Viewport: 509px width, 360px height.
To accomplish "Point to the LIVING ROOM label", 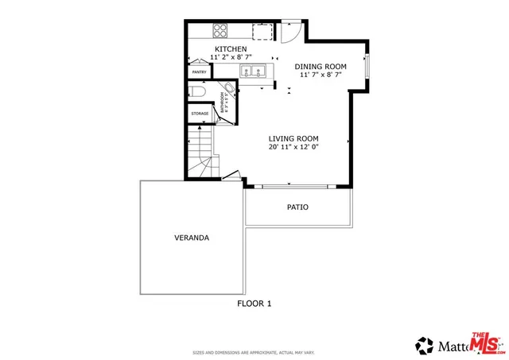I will [293, 137].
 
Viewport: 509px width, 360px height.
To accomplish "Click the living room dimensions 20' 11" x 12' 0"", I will [293, 146].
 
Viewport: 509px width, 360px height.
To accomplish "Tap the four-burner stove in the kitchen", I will [221, 33].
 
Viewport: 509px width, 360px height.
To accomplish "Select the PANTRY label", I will [199, 72].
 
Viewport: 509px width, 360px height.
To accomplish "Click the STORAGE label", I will [200, 114].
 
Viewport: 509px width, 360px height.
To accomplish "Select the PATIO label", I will [297, 207].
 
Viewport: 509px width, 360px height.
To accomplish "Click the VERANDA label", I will [192, 238].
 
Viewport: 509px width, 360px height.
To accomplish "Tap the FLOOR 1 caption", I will [254, 303].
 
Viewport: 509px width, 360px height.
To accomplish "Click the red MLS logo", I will [486, 342].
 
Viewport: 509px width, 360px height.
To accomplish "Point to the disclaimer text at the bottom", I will [254, 352].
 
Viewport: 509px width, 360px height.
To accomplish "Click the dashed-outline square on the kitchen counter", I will [262, 32].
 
